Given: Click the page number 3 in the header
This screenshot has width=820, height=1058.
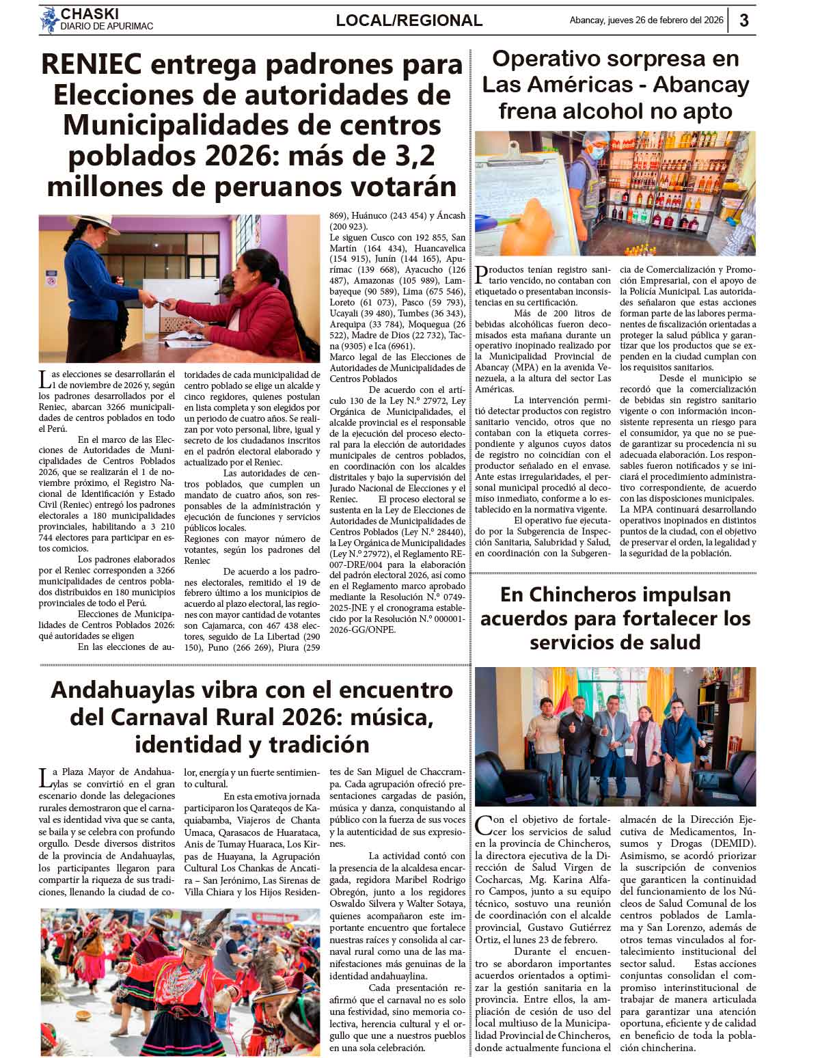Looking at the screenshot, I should pos(744,21).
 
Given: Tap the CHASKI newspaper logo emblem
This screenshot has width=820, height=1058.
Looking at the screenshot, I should pos(49,19).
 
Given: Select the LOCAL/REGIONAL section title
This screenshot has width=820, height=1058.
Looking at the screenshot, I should pos(409,21).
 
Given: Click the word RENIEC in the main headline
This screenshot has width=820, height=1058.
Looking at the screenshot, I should pos(92,65).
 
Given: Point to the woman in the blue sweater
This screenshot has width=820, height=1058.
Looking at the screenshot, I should pos(102,273).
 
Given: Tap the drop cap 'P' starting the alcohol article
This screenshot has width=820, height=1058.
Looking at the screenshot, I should pos(482,274).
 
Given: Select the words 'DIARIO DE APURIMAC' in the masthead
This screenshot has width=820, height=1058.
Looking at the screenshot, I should pos(107,26).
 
